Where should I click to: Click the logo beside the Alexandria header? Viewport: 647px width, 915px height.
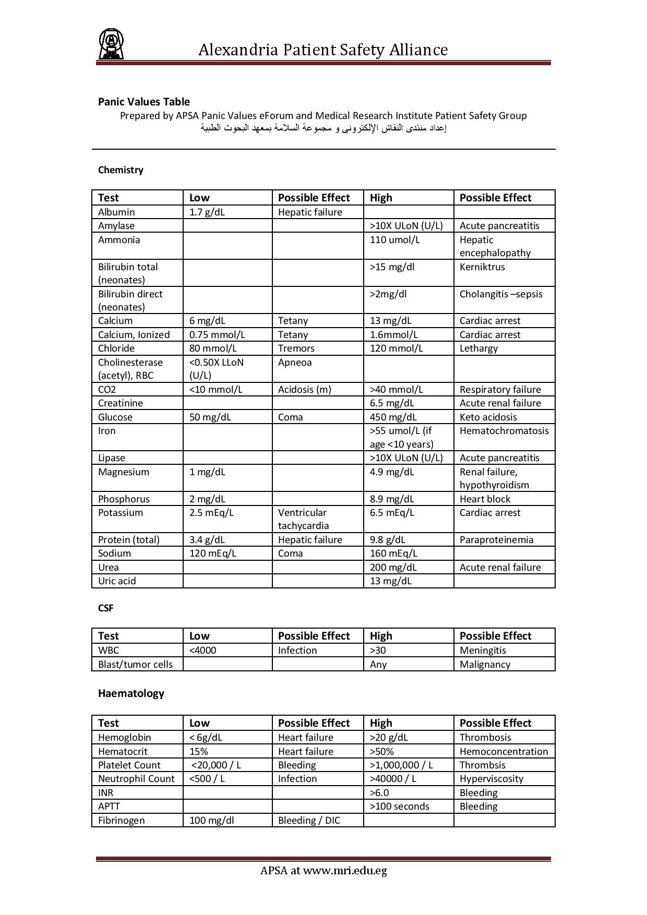(111, 44)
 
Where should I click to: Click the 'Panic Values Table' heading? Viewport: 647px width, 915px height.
(144, 102)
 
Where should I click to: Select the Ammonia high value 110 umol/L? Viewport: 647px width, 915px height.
(394, 240)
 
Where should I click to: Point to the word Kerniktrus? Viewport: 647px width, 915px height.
(482, 267)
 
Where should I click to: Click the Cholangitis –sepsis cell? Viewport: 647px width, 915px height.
(501, 294)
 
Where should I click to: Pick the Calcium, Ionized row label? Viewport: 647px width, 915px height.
(134, 335)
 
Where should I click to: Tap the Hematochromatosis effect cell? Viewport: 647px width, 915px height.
(504, 431)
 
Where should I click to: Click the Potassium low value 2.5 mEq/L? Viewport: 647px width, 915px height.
(211, 513)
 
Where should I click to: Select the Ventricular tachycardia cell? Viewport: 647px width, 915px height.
(303, 519)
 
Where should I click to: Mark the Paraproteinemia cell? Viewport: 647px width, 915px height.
(496, 540)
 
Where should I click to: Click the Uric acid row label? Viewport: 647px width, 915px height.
(117, 581)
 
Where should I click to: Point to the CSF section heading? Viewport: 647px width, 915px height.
(105, 608)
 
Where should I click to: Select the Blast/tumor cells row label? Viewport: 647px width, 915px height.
(135, 665)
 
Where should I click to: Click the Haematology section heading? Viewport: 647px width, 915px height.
(131, 693)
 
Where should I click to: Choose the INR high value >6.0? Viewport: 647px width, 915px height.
(379, 793)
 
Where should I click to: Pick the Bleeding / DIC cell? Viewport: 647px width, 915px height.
(309, 821)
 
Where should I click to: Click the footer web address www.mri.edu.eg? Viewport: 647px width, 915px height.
(345, 871)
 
